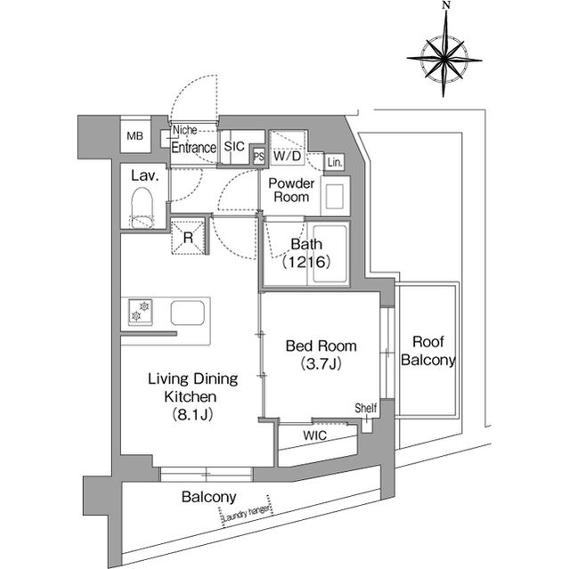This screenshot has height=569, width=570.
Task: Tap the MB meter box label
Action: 134,136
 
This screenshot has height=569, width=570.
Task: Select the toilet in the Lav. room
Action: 142,207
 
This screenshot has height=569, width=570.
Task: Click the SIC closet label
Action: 234,146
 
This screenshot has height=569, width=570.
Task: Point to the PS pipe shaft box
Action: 259,157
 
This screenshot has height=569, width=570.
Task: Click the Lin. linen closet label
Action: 335,162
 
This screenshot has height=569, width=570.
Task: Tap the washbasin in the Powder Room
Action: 335,197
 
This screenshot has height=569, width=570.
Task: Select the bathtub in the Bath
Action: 330,254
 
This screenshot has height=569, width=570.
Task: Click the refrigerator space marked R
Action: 188,237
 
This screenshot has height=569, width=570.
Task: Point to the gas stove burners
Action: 141,312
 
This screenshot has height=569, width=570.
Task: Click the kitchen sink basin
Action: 188,313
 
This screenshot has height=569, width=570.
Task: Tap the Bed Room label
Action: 321,345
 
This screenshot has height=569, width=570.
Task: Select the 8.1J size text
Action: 192,414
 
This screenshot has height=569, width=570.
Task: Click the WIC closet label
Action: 314,435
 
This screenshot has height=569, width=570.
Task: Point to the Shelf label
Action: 366,408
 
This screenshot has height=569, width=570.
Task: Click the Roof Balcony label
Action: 428,351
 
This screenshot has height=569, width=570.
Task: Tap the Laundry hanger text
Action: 247,513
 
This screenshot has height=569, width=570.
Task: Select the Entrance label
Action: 194,148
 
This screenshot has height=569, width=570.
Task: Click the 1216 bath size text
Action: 306,262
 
